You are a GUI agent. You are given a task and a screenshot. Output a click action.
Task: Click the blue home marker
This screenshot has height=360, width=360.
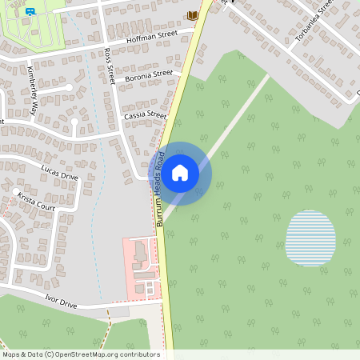pyautogui.click(x=180, y=172)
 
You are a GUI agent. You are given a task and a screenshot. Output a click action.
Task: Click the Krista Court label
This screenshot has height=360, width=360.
pyautogui.click(x=35, y=201)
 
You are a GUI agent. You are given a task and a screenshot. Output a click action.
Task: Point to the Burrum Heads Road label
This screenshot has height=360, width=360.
pyautogui.click(x=161, y=189)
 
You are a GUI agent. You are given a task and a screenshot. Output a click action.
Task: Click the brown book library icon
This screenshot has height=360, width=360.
pyautogui.click(x=191, y=15)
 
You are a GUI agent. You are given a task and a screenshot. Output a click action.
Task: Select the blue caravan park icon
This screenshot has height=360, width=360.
pyautogui.click(x=30, y=12)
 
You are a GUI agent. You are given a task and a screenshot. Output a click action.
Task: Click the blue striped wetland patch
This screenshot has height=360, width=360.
pyautogui.click(x=310, y=238)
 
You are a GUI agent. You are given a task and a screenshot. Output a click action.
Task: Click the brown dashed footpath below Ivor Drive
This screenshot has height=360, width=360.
pyautogui.click(x=106, y=328)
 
